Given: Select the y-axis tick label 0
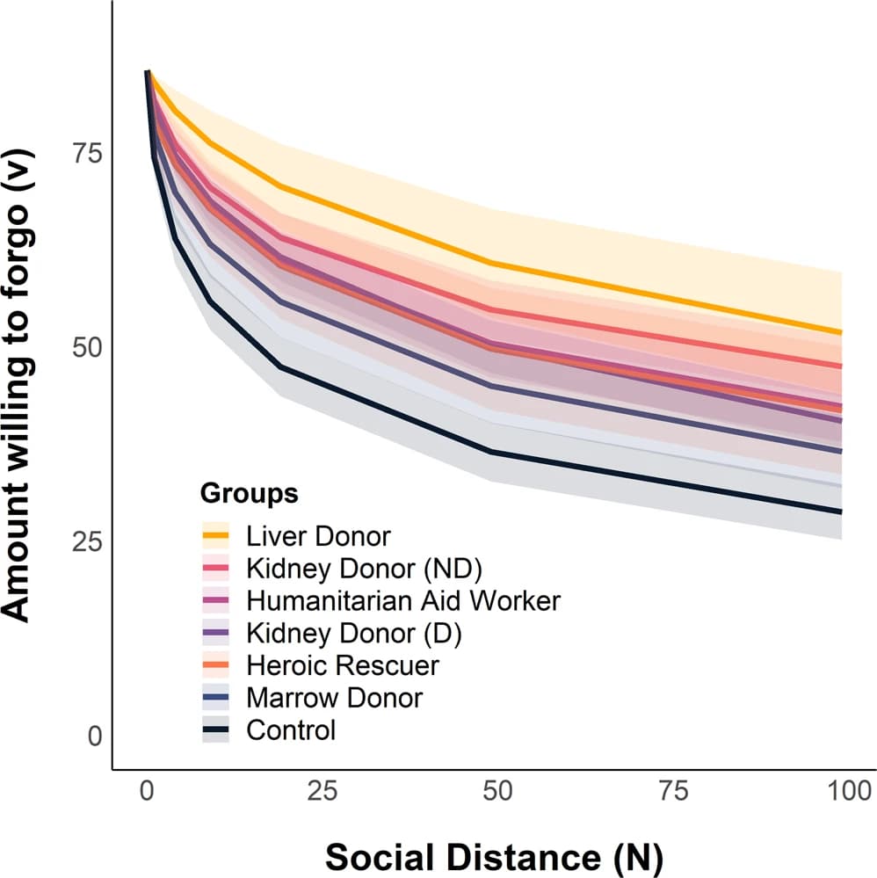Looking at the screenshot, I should (x=93, y=736).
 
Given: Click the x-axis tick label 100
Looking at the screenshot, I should (x=843, y=792).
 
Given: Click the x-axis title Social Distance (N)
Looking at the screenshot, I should (x=495, y=855).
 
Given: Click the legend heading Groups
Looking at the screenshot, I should (x=250, y=494).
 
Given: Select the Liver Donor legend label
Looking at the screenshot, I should (x=318, y=535).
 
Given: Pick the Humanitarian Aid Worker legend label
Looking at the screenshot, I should (x=403, y=601).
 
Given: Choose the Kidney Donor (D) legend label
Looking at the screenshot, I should (x=354, y=633).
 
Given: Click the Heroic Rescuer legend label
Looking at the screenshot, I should (x=343, y=665).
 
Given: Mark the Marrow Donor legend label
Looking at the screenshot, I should (x=335, y=698).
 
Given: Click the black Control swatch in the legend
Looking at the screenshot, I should (x=216, y=729).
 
